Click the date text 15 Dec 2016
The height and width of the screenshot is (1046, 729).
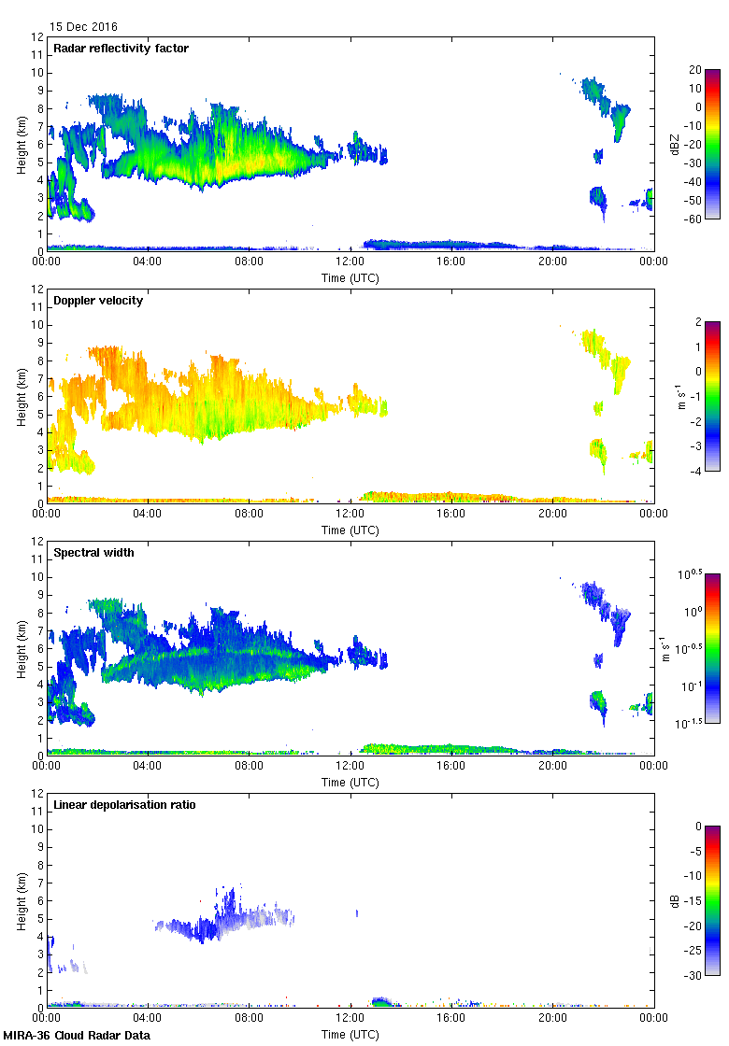click(x=84, y=27)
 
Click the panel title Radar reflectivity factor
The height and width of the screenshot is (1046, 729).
click(x=121, y=49)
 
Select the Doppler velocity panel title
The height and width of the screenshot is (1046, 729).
click(x=98, y=301)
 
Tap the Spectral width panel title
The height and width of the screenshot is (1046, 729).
click(x=93, y=553)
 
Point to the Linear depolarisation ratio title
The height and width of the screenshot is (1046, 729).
click(x=124, y=805)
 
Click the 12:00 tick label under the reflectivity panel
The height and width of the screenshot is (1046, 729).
click(x=350, y=262)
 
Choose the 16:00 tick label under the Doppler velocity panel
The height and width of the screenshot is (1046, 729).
click(x=451, y=515)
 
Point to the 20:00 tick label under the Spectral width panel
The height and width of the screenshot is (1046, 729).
click(x=552, y=767)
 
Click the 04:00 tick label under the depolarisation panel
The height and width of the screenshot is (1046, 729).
click(x=148, y=1019)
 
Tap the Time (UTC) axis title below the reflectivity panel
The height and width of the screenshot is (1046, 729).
click(x=350, y=277)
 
